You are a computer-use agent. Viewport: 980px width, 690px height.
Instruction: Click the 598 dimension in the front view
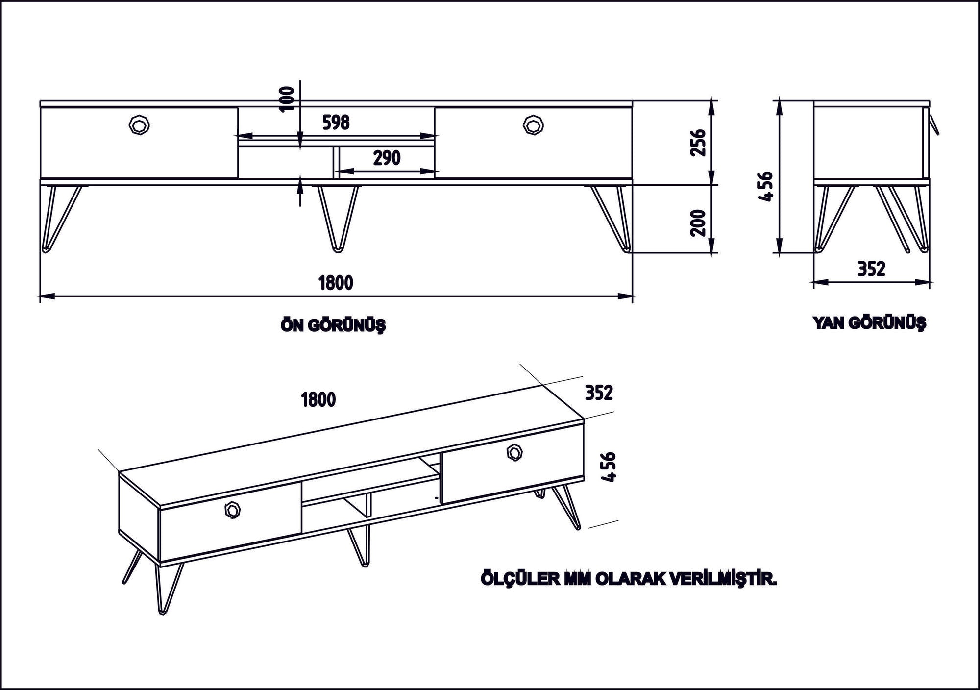[x=336, y=122]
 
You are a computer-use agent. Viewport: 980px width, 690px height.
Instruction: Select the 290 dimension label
[x=387, y=158]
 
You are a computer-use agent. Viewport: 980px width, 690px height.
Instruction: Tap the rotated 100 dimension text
[x=289, y=99]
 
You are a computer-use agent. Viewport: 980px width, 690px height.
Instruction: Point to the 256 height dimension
[x=697, y=142]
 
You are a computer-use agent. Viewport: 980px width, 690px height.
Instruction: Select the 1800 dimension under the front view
[x=336, y=283]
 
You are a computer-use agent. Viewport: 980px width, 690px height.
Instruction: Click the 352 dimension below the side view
[x=872, y=269]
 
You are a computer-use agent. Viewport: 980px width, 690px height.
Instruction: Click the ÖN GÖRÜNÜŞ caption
[x=333, y=325]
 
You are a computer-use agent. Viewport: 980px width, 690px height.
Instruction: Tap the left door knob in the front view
[x=140, y=124]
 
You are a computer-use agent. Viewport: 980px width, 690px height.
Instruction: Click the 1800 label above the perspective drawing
[x=318, y=400]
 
